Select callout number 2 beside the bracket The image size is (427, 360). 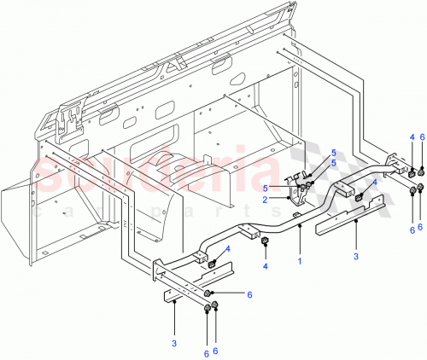[x=290, y=199]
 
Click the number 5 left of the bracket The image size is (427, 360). [x=290, y=188]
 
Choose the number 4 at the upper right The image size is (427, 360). [x=412, y=137]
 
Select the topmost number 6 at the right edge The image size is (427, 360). [x=421, y=137]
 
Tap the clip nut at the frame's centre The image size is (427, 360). [x=264, y=247]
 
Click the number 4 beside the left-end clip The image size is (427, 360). [x=228, y=249]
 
